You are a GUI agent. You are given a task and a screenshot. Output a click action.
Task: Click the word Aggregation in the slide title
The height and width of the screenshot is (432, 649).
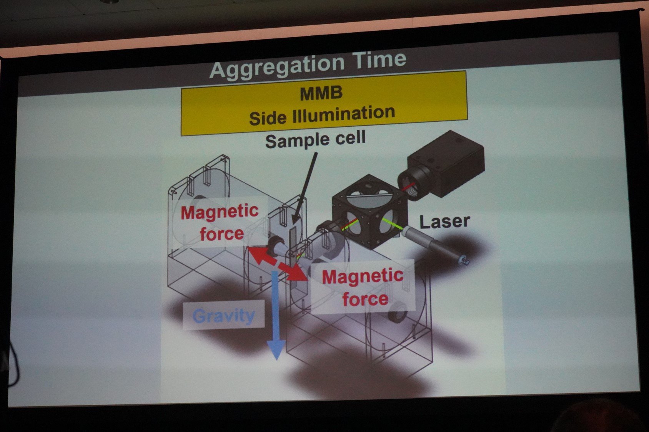pos(277,67)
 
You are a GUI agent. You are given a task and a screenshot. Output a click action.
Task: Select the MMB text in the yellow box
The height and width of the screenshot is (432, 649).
pos(321,93)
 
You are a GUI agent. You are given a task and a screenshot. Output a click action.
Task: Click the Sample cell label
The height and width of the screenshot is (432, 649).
pos(315,140)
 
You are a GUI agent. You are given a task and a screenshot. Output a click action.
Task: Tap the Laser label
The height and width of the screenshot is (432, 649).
pos(444,222)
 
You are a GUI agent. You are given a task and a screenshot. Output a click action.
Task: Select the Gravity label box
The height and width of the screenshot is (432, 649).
pos(224,315)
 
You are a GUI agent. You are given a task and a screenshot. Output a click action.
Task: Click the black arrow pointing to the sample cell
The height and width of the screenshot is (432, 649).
pos(304,189)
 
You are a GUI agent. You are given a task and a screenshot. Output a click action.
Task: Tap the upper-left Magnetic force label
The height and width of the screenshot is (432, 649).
pos(220,222)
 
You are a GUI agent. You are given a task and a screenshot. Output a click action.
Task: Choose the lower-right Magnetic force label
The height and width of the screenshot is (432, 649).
pos(363,287)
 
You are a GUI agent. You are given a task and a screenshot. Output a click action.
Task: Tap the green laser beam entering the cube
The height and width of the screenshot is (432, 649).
pos(393,223)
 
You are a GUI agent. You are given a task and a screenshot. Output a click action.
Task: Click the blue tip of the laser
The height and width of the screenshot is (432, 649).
pos(464,260)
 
